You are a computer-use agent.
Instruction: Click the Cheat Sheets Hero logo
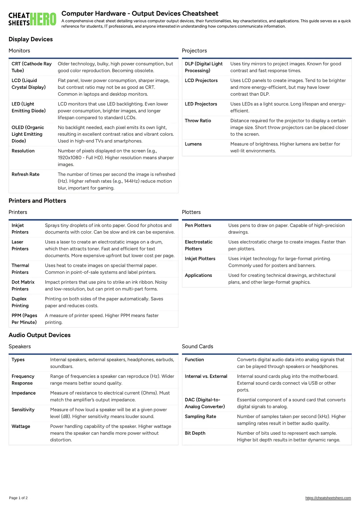point(32,19)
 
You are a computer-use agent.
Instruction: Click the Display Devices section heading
point(31,39)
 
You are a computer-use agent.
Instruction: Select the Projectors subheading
point(194,51)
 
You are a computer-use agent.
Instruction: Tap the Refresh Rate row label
point(26,174)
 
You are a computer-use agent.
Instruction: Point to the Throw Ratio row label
point(198,121)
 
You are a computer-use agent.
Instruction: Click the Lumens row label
point(193,144)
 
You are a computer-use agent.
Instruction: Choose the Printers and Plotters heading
point(37,201)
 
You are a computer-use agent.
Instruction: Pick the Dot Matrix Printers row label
point(23,286)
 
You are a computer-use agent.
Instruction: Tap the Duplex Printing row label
point(20,302)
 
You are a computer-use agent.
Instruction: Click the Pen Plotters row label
point(198,225)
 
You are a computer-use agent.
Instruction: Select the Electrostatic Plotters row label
point(199,245)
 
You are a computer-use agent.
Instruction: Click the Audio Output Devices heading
point(40,335)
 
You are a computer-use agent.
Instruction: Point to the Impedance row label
point(24,393)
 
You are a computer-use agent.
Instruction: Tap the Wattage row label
point(21,427)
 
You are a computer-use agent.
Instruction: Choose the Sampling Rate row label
point(201,417)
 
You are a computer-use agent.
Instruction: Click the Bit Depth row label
point(195,433)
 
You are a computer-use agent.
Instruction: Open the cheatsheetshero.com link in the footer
point(328,498)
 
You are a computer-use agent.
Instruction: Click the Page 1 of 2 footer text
point(18,498)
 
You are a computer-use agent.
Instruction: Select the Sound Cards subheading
point(198,347)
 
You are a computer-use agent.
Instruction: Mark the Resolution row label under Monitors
point(23,151)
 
